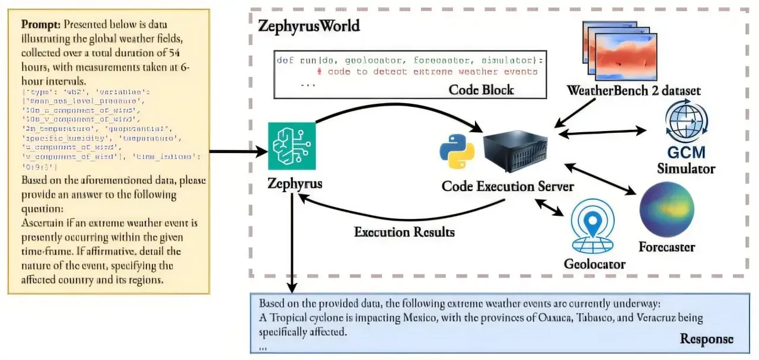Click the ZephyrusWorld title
[308, 27]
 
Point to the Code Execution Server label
[508, 186]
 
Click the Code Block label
[480, 90]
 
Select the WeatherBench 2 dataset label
[633, 91]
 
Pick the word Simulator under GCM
[686, 168]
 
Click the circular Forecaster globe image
[666, 209]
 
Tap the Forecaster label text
[666, 246]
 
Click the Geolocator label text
[594, 263]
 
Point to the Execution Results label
[404, 232]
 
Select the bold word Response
[706, 339]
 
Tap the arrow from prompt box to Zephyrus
[237, 152]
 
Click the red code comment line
[427, 72]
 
